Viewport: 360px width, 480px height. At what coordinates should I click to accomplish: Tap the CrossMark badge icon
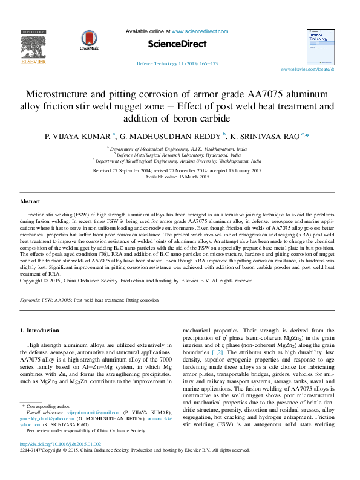(88, 41)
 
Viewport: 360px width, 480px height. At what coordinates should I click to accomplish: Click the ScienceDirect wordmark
(177, 44)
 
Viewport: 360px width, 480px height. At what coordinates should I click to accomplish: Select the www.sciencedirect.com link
(200, 31)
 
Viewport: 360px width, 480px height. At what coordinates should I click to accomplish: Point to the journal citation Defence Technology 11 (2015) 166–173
(177, 63)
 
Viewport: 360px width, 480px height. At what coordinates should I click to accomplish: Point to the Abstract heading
(30, 201)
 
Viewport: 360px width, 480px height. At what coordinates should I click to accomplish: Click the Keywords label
(30, 300)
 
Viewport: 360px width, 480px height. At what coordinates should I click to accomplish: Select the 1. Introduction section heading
(40, 331)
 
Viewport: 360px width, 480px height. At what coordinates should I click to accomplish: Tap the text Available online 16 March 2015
(177, 177)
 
